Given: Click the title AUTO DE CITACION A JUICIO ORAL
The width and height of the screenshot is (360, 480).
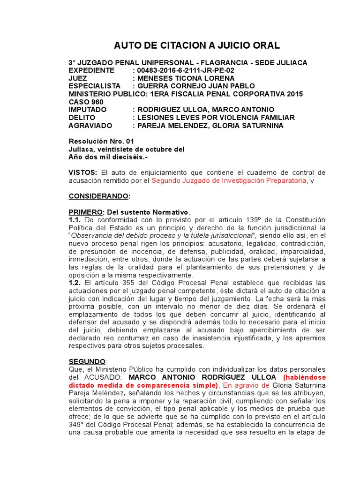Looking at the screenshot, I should pos(197,45).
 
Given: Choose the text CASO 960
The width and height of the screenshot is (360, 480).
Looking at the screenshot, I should pos(86,102).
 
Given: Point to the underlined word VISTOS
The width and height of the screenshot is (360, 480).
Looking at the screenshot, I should pos(82,173).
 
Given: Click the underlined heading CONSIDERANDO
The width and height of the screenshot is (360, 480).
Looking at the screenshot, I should pos(99,196).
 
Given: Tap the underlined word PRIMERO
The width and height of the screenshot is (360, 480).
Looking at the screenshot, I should pos(84,212).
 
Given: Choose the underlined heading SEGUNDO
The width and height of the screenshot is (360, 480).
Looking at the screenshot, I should pos(87,361).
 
